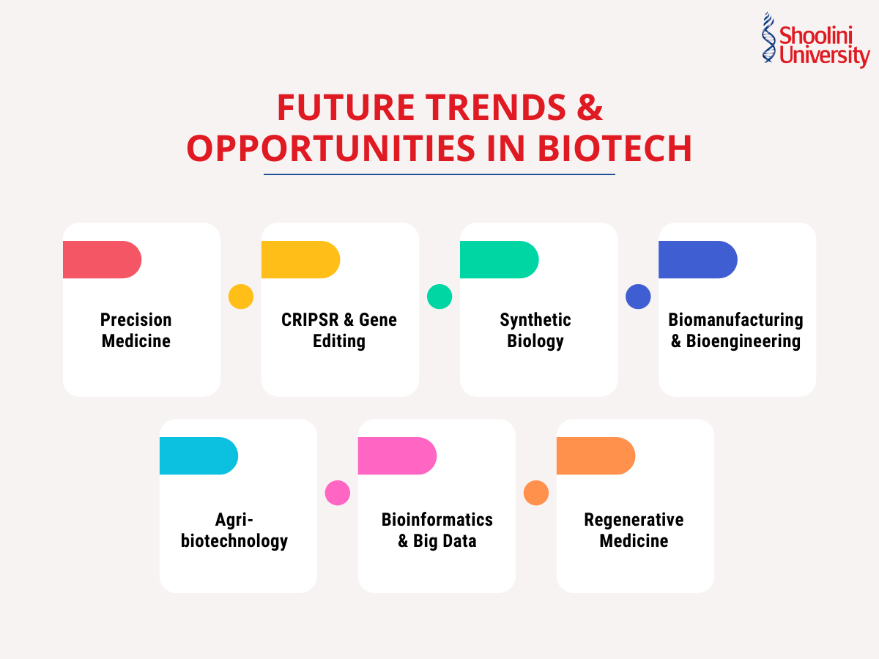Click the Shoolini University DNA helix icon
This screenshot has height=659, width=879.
768,37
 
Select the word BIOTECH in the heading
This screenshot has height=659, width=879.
615,148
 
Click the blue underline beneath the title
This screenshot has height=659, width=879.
439,174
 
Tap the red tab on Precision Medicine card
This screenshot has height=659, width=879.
101,259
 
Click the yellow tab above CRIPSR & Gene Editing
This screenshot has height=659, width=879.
300,259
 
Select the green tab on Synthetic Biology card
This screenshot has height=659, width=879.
498,259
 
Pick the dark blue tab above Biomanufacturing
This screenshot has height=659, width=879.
697,259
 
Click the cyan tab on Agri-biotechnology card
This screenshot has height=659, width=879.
198,455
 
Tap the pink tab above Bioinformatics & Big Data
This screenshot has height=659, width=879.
396,455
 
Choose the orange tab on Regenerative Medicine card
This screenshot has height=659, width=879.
595,455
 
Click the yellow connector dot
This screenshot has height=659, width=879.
241,297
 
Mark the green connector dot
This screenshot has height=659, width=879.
439,297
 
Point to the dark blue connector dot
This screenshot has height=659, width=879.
638,297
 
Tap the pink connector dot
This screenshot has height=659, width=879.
338,493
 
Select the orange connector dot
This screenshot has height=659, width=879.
536,493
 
